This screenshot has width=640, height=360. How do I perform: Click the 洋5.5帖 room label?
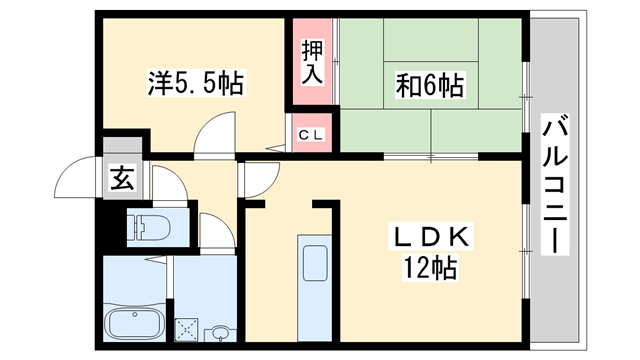[196, 82]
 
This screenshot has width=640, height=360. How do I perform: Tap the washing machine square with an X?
[188, 326]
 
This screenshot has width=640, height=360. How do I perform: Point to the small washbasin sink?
[220, 331]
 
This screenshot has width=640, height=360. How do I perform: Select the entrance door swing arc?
[78, 180]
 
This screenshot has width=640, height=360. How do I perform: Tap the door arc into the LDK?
[258, 178]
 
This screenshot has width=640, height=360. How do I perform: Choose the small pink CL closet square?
[314, 131]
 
